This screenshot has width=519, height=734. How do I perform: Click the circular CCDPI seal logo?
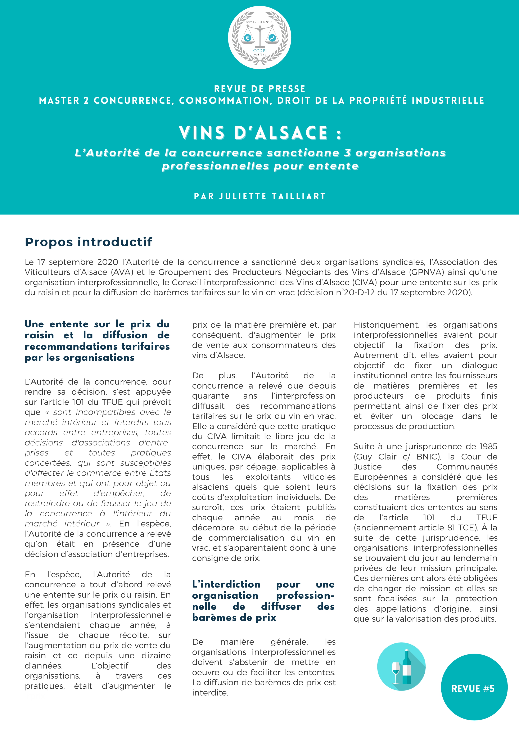pos(259,38)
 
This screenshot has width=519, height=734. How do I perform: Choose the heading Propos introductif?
pos(89,242)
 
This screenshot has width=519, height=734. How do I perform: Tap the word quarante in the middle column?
pos(210,396)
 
